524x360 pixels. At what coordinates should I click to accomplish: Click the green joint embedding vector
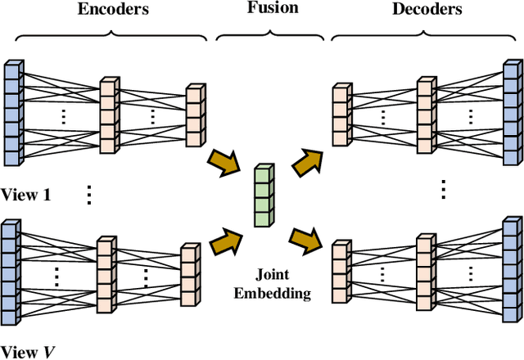point(262,195)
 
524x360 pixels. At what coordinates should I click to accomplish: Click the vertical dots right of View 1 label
point(88,193)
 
